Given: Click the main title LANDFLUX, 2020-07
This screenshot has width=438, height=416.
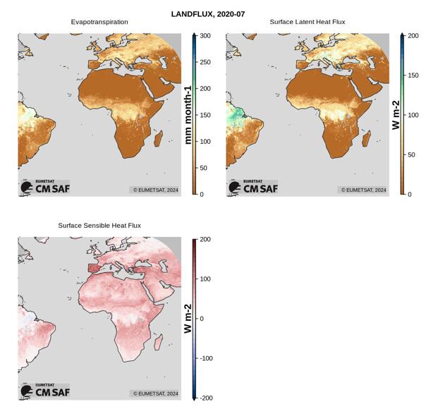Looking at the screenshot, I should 207,14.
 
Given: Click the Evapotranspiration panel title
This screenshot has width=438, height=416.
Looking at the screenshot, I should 99,23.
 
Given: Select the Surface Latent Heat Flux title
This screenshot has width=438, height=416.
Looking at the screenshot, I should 308,23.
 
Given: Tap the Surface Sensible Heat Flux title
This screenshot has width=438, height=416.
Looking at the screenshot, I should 99,226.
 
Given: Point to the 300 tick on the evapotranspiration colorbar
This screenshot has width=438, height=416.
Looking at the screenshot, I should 205,36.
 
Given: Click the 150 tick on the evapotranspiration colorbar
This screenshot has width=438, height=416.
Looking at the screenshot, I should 205,115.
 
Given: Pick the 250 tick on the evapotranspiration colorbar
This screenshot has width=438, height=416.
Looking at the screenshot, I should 205,62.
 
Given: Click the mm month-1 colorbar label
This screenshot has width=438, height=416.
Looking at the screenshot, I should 188,115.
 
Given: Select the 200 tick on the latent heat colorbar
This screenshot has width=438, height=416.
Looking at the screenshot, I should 413,36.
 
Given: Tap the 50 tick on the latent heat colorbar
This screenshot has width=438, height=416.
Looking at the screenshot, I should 411,155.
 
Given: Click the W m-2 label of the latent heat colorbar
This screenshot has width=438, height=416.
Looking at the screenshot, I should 396,115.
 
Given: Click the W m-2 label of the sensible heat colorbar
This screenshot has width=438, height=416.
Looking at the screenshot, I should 188,319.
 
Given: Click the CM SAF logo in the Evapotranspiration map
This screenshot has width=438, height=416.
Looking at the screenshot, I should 45,187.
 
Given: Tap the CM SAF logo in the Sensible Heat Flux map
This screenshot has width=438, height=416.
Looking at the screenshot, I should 45,391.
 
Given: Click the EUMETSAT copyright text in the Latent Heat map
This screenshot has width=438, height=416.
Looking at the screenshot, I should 364,190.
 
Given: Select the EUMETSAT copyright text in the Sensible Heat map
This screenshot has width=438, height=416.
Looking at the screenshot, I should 155,393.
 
